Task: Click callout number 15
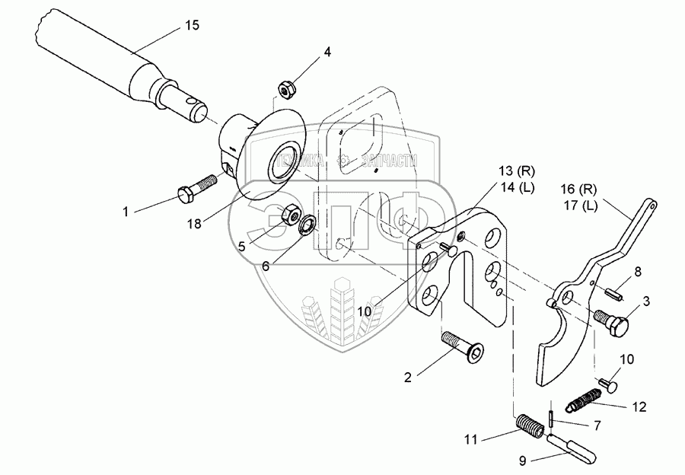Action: (x=193, y=26)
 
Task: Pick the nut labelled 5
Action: (x=289, y=216)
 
